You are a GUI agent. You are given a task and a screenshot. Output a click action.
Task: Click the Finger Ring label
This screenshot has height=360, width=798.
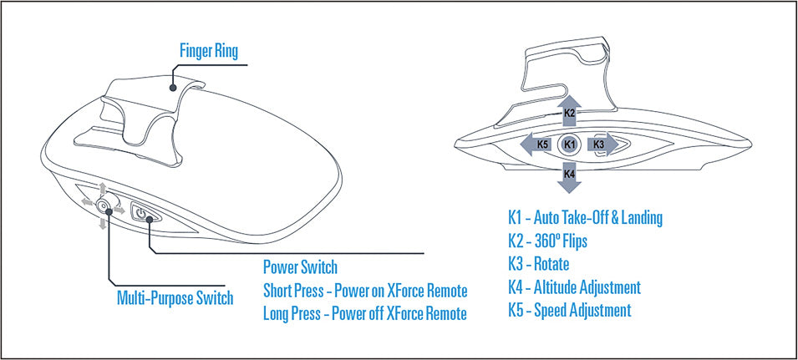click(x=208, y=51)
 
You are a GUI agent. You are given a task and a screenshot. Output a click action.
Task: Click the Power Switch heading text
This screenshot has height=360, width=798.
click(x=300, y=268)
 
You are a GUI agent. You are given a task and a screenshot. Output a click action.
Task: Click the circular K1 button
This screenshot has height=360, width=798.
click(x=570, y=145)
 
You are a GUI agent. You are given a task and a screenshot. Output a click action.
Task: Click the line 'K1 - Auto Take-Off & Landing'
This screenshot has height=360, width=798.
click(x=585, y=218)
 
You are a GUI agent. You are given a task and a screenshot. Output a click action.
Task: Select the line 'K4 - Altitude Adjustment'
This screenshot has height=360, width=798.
click(x=574, y=287)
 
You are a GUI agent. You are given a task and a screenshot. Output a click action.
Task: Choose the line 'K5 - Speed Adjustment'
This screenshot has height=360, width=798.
click(x=569, y=311)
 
